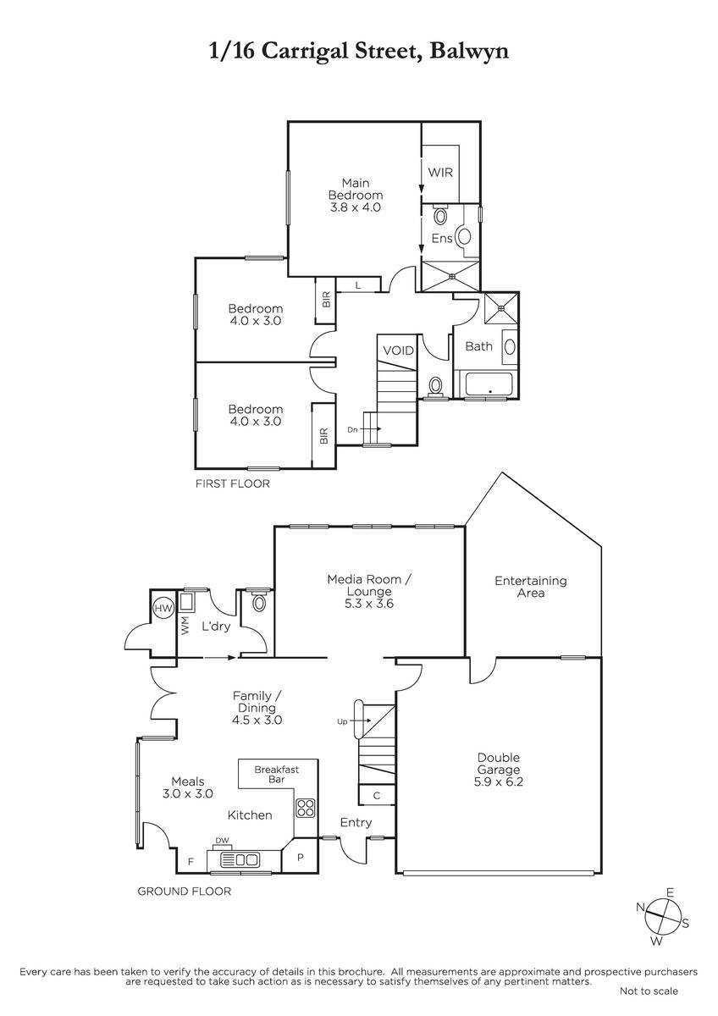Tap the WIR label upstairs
click(440, 173)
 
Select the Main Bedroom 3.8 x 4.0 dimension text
click(355, 207)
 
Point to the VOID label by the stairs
click(399, 351)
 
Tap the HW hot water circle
click(163, 608)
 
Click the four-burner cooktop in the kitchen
click(306, 808)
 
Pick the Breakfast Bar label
click(277, 774)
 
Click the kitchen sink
click(239, 859)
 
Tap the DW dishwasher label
click(222, 841)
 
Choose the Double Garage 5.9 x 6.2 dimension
click(499, 781)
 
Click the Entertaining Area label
click(531, 587)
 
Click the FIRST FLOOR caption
click(233, 483)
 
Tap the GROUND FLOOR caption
click(184, 892)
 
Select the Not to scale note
click(649, 1004)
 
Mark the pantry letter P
click(300, 859)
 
